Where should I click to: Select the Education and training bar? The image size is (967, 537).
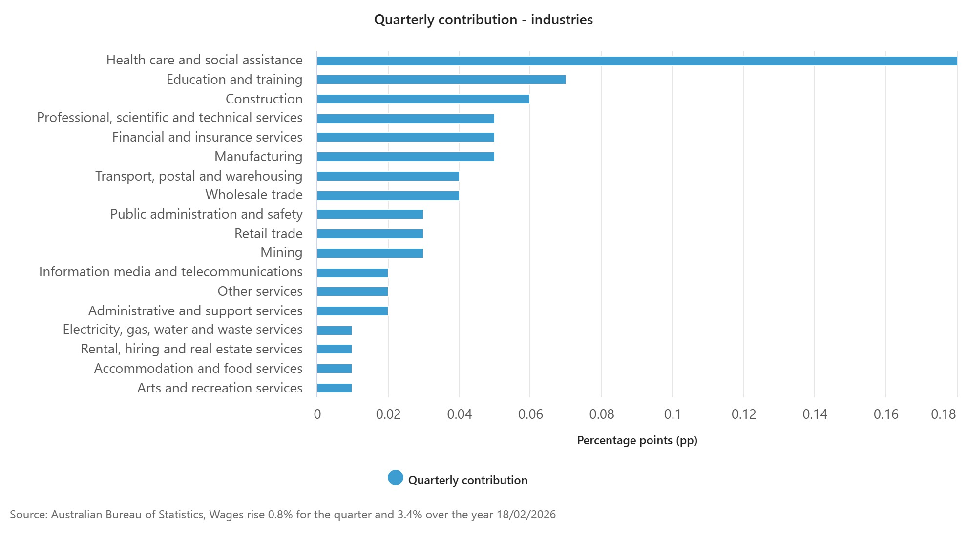pos(441,80)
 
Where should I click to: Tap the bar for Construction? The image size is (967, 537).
pos(423,99)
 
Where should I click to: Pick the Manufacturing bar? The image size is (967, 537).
pos(405,157)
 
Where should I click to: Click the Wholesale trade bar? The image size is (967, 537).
pos(388,196)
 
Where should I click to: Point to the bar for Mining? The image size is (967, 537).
pos(370,253)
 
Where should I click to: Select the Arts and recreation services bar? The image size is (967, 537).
pos(334,388)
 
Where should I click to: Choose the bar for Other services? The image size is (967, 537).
pos(352,291)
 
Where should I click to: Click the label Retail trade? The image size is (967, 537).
pos(268,234)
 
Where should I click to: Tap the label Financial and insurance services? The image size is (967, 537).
pos(207,137)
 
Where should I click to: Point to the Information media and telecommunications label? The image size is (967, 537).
pos(170,272)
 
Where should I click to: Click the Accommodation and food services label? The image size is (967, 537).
pos(198,369)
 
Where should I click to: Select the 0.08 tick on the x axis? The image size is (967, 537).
pos(601,414)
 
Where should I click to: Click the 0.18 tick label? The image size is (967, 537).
pos(943,414)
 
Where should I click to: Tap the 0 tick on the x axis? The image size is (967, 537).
pos(317,414)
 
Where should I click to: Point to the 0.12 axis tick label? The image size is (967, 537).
pos(743,414)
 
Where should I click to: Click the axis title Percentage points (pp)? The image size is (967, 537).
pos(637,440)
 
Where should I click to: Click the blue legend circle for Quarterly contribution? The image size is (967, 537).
pos(396,478)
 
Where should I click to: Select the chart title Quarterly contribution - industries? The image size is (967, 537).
pos(483,20)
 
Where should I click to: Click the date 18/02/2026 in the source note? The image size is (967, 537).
pos(526,515)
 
